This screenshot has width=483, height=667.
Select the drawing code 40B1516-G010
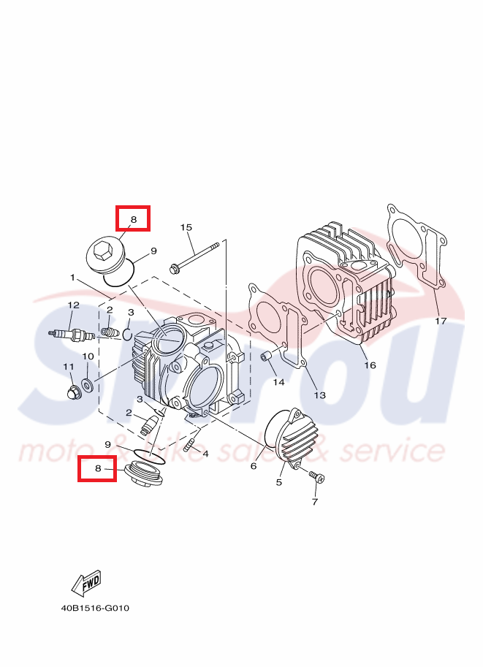tap(95, 608)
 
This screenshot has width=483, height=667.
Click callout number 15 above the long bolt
tap(186, 228)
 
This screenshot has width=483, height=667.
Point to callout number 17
tap(440, 321)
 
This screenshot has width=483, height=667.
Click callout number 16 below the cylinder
tap(370, 365)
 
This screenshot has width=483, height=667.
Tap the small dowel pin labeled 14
tap(267, 357)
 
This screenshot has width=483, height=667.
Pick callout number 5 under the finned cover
tap(278, 482)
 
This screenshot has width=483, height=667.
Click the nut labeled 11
tap(72, 393)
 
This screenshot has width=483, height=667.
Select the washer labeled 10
tap(87, 384)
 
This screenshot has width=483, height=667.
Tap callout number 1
tap(73, 278)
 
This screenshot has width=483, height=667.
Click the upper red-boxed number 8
tap(133, 218)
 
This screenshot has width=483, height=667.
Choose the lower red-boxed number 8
tap(97, 468)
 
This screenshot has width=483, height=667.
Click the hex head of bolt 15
tap(175, 268)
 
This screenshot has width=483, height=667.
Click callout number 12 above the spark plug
tap(73, 304)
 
